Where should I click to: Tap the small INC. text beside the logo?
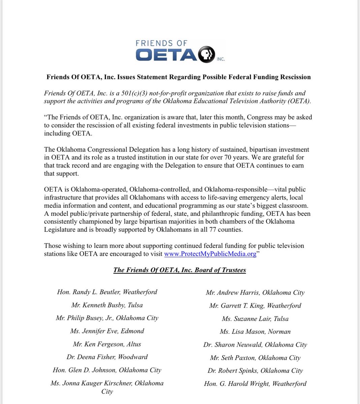221,59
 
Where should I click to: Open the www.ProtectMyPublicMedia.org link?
210,254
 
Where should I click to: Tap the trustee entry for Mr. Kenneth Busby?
107,305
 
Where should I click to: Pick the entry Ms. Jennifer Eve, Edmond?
107,331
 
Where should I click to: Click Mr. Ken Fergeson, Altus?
107,344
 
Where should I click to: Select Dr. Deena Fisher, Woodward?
107,357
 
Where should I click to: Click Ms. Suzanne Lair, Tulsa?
255,319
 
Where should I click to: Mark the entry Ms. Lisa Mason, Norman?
255,332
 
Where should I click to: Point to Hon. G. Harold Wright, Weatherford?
255,384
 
